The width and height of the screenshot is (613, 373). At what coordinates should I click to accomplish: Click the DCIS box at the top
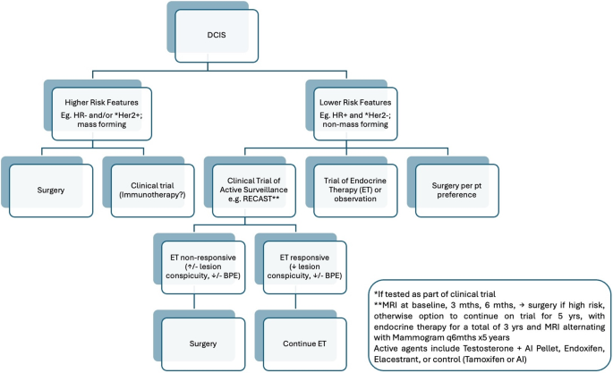point(217,36)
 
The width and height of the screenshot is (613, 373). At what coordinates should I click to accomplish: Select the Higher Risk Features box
point(102,114)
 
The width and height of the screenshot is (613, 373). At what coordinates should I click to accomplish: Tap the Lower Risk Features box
point(355,114)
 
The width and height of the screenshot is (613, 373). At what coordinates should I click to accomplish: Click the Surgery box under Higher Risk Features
point(51,191)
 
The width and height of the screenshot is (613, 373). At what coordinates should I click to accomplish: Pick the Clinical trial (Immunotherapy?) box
point(152,191)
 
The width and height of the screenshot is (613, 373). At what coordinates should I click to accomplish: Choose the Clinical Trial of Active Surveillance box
point(254,191)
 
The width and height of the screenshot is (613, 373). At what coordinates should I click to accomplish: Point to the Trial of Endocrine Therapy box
point(355,191)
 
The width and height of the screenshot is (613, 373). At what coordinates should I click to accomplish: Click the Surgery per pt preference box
point(457,191)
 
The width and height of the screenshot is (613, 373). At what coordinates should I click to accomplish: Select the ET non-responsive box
point(203,267)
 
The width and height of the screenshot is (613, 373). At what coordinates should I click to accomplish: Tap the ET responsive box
point(304,267)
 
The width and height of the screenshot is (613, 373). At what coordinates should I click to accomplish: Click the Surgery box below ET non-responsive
point(203,344)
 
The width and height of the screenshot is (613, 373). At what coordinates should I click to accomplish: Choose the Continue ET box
point(304,344)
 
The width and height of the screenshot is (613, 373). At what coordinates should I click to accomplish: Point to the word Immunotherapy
point(151,194)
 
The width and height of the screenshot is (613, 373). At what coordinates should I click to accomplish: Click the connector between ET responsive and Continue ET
point(295,301)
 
